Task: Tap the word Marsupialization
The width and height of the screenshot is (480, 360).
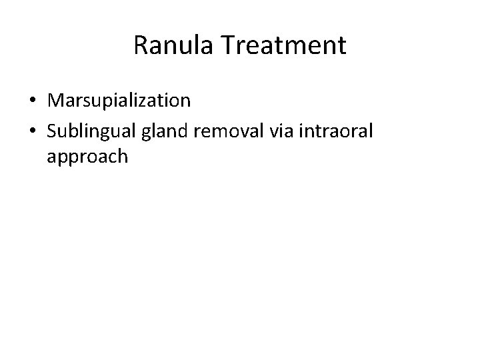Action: [x=119, y=101]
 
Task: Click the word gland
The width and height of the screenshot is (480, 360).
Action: [x=159, y=129]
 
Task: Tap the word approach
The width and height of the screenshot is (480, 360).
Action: [x=87, y=157]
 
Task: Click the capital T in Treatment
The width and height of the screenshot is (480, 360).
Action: [x=226, y=46]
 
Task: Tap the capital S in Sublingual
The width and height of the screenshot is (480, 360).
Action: [x=52, y=129]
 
